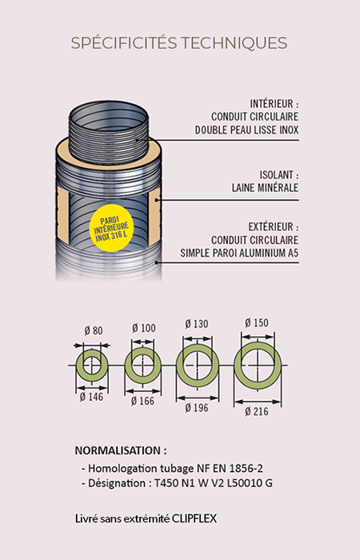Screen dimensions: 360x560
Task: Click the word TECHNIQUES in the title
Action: click(234, 43)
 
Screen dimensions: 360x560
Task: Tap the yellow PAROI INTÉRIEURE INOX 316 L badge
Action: click(111, 228)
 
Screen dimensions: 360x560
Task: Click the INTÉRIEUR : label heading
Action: click(274, 103)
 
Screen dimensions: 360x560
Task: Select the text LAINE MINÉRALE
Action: click(265, 187)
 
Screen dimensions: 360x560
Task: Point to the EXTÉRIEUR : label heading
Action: click(274, 226)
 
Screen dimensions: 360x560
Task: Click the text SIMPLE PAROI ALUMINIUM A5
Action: click(239, 253)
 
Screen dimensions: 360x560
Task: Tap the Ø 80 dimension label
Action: click(94, 330)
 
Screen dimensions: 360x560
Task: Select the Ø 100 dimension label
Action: click(143, 328)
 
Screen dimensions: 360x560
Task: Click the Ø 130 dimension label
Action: click(197, 324)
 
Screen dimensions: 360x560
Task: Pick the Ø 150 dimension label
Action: click(257, 323)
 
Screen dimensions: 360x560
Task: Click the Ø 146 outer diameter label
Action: click(91, 397)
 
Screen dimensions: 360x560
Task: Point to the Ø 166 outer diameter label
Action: click(142, 401)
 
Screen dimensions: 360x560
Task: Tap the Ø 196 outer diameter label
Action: click(197, 408)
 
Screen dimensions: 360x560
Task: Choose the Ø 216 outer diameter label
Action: click(257, 412)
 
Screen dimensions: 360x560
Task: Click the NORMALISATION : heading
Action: click(121, 450)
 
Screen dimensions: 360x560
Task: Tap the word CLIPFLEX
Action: click(194, 518)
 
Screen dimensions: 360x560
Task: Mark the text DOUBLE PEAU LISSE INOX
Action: click(246, 130)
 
